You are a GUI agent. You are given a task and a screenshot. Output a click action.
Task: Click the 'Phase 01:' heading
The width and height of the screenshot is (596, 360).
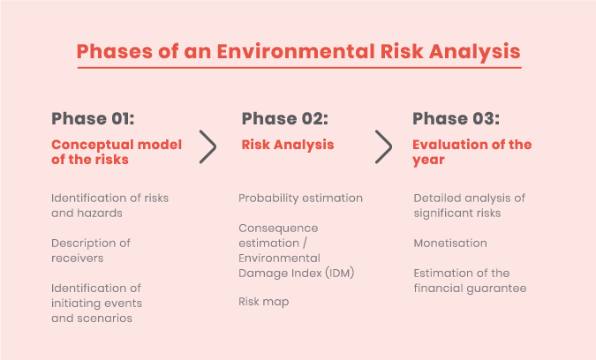[93, 118]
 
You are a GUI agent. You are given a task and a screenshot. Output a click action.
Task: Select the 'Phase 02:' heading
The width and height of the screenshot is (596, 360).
[284, 118]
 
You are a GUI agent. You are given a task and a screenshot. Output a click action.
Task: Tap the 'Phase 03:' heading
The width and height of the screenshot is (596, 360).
[456, 118]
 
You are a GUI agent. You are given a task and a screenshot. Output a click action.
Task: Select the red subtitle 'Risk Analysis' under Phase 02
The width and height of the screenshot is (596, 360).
[288, 145]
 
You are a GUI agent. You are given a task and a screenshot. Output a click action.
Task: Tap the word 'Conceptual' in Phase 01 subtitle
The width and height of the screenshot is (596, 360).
[92, 145]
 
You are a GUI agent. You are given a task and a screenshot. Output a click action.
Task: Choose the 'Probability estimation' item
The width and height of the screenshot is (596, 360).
[301, 199]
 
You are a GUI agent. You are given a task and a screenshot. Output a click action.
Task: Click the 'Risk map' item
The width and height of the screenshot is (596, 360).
[264, 302]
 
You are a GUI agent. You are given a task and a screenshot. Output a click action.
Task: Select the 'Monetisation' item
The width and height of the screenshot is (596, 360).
[450, 243]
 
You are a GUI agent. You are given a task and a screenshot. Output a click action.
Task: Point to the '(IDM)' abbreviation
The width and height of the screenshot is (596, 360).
[339, 273]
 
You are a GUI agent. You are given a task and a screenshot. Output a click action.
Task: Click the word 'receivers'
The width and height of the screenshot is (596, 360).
[78, 259]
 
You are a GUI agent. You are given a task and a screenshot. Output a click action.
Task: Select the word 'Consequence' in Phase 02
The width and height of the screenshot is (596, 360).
[279, 229]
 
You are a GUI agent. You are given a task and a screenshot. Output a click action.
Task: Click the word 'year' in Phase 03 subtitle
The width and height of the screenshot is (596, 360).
[429, 161]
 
